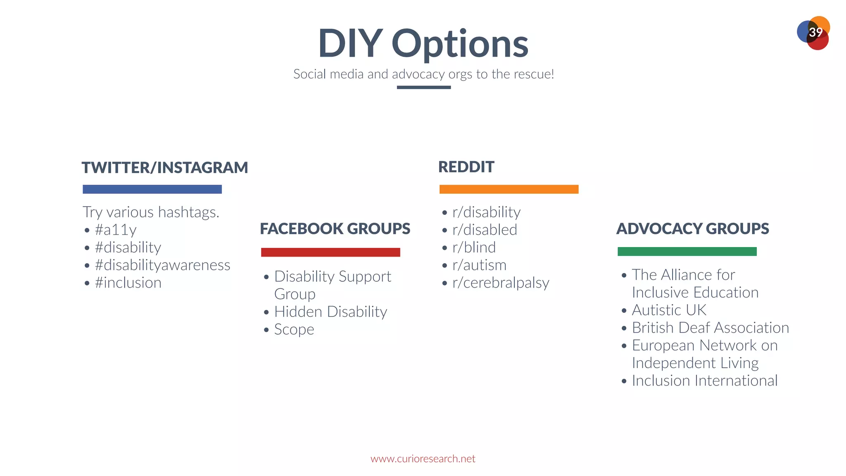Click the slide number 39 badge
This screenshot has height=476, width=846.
coord(814,33)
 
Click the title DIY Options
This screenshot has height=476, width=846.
coord(423,43)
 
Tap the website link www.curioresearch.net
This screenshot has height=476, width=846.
coord(423,459)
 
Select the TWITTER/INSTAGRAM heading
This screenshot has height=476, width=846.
coord(164,168)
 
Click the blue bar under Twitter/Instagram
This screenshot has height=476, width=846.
coord(152,189)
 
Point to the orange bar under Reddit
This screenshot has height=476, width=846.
coord(509,189)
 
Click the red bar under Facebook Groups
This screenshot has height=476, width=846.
coord(330,252)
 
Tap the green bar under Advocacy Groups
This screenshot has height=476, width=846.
coord(687,251)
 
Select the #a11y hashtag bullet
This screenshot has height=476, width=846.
coord(116,230)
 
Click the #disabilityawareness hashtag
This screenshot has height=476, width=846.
coord(162,265)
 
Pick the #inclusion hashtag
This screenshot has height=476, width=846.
coord(128,283)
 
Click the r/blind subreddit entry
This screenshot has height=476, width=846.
coord(474,248)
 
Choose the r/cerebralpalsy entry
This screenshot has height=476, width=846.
coord(501,283)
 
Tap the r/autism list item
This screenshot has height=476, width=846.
coord(479,265)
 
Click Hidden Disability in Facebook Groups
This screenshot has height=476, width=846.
coord(330,312)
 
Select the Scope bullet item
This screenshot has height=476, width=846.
coord(294,329)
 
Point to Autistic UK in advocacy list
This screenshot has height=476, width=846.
coord(669,310)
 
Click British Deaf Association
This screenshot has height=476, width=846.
coord(710,328)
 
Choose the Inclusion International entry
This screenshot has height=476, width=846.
coord(704,381)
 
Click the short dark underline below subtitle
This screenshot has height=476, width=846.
coord(423,87)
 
